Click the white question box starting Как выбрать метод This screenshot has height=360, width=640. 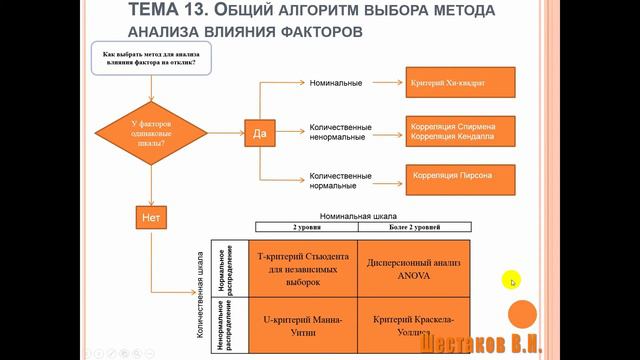pyautogui.click(x=149, y=58)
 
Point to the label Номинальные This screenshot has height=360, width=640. pyautogui.click(x=336, y=82)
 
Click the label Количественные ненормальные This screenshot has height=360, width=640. pyautogui.click(x=341, y=133)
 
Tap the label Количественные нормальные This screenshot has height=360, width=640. pyautogui.click(x=341, y=180)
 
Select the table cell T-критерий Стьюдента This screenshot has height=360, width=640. pyautogui.click(x=302, y=269)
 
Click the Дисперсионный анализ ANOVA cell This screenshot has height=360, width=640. pyautogui.click(x=412, y=269)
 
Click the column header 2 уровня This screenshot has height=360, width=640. pyautogui.click(x=302, y=229)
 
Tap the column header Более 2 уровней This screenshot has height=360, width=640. pyautogui.click(x=412, y=229)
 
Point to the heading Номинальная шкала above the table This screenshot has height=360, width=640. pyautogui.click(x=358, y=215)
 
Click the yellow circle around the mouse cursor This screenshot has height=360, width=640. pyautogui.click(x=512, y=280)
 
